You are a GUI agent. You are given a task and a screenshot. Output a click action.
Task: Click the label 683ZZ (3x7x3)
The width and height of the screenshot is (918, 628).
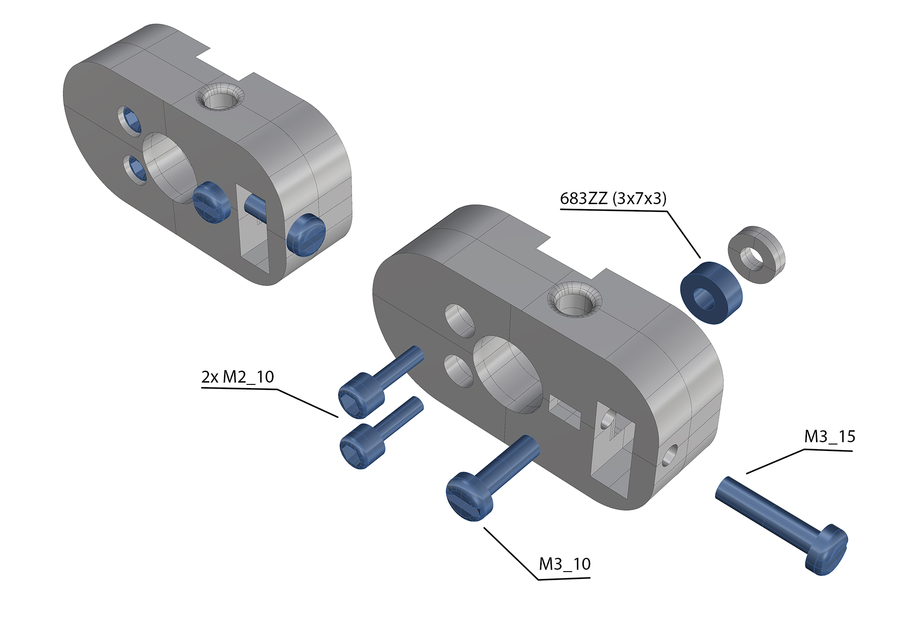click(x=613, y=199)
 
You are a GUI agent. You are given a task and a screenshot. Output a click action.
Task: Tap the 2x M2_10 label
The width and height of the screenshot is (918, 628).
click(x=237, y=377)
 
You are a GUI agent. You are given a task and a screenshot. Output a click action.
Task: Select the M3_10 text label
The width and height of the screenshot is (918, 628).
click(x=565, y=564)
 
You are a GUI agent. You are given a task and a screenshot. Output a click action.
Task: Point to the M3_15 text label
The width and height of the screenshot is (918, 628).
click(x=830, y=437)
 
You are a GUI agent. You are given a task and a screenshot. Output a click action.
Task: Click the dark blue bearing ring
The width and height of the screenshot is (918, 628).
click(x=711, y=293)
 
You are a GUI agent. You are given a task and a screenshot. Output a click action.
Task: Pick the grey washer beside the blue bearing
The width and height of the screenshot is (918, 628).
click(x=756, y=255)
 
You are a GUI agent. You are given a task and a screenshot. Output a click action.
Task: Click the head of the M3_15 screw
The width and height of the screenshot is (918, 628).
click(x=827, y=550)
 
